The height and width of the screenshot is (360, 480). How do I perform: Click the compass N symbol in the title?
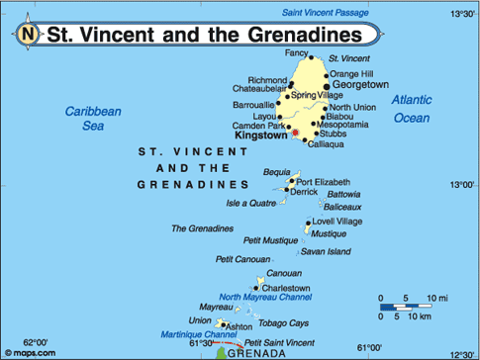(x=28, y=34)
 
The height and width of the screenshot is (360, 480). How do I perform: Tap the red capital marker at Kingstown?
(x=295, y=133)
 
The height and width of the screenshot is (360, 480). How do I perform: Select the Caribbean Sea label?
(x=93, y=119)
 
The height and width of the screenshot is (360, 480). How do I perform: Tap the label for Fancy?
(x=297, y=52)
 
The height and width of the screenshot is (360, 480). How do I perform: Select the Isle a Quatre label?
(x=250, y=204)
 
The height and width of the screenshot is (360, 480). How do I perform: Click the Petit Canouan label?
(x=242, y=259)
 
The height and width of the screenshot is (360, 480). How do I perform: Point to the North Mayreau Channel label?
(x=265, y=297)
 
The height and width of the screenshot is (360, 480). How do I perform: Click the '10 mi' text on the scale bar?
(x=437, y=298)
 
